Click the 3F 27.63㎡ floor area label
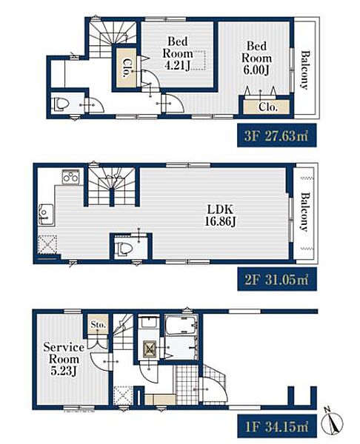tap(276, 135)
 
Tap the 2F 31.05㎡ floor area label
tap(276, 279)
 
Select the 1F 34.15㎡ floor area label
tap(276, 426)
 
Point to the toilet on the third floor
tap(61, 105)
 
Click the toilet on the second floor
tap(124, 249)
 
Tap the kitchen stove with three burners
tap(71, 178)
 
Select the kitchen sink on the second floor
tap(46, 215)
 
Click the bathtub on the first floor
tap(180, 325)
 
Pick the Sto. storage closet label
tap(98, 325)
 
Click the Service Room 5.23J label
tap(64, 359)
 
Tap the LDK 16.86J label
tap(220, 215)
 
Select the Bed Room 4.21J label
tap(178, 53)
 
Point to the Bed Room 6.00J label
tap(256, 58)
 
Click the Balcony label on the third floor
tap(305, 70)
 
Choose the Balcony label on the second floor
tap(305, 212)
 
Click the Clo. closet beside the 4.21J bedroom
tap(126, 68)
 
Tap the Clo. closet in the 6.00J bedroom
tap(267, 107)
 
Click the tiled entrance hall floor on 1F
tap(187, 384)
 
